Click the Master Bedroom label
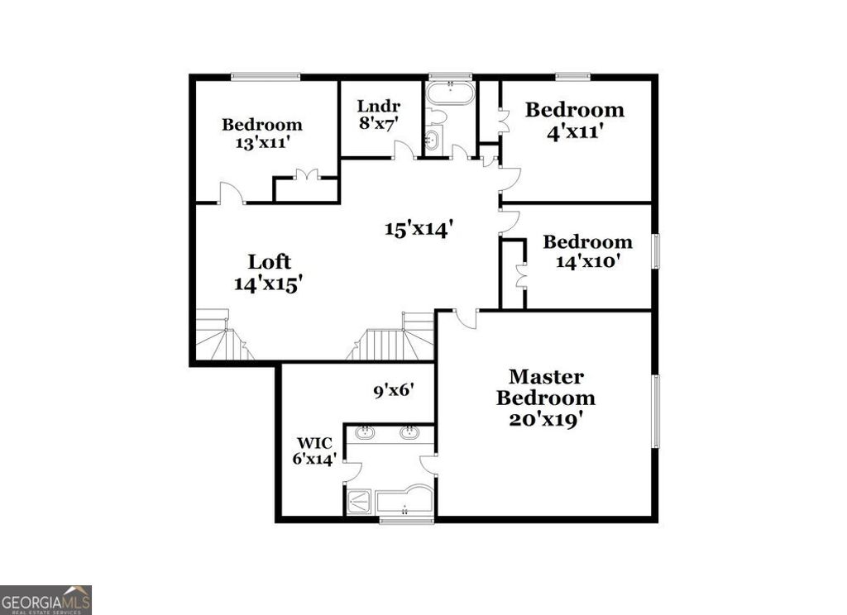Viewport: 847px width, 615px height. coord(545,398)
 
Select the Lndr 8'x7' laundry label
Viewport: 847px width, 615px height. coord(379,115)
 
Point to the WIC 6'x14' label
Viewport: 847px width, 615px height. coord(313,451)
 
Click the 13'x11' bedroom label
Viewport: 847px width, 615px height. coord(261,133)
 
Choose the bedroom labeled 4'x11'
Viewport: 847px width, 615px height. coord(575,120)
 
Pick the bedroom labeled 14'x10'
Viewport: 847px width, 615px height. coord(587,251)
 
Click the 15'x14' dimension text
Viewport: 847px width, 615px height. coord(419,229)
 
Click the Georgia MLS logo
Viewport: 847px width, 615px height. coord(45,599)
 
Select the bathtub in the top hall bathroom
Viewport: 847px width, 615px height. coord(450,93)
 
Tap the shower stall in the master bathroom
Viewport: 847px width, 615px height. coord(360,501)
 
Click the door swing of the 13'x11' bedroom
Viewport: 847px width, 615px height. coord(232,193)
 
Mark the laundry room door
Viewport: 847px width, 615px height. coord(404,150)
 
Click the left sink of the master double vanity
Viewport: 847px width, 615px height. coord(366,432)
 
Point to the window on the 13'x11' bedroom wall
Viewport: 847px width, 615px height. coord(265,77)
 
